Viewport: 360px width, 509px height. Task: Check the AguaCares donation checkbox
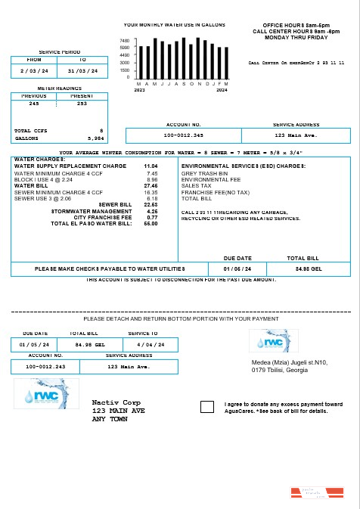pos(207,407)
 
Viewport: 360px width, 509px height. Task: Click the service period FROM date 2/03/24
pos(34,70)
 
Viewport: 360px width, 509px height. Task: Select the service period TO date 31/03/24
pos(83,70)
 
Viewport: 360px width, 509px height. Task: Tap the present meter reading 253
pos(82,104)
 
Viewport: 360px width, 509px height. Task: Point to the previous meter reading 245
pos(34,104)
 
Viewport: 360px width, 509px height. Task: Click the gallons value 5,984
pos(95,138)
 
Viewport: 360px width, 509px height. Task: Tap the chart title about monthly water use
pos(175,25)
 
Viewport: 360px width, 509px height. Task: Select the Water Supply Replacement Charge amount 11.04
pos(151,166)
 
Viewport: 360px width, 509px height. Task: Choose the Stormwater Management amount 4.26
pos(151,211)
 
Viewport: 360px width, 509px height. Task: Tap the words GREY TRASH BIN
pos(200,172)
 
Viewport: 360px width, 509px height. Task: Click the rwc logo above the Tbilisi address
pos(273,341)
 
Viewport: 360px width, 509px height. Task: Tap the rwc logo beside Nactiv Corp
pos(46,393)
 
